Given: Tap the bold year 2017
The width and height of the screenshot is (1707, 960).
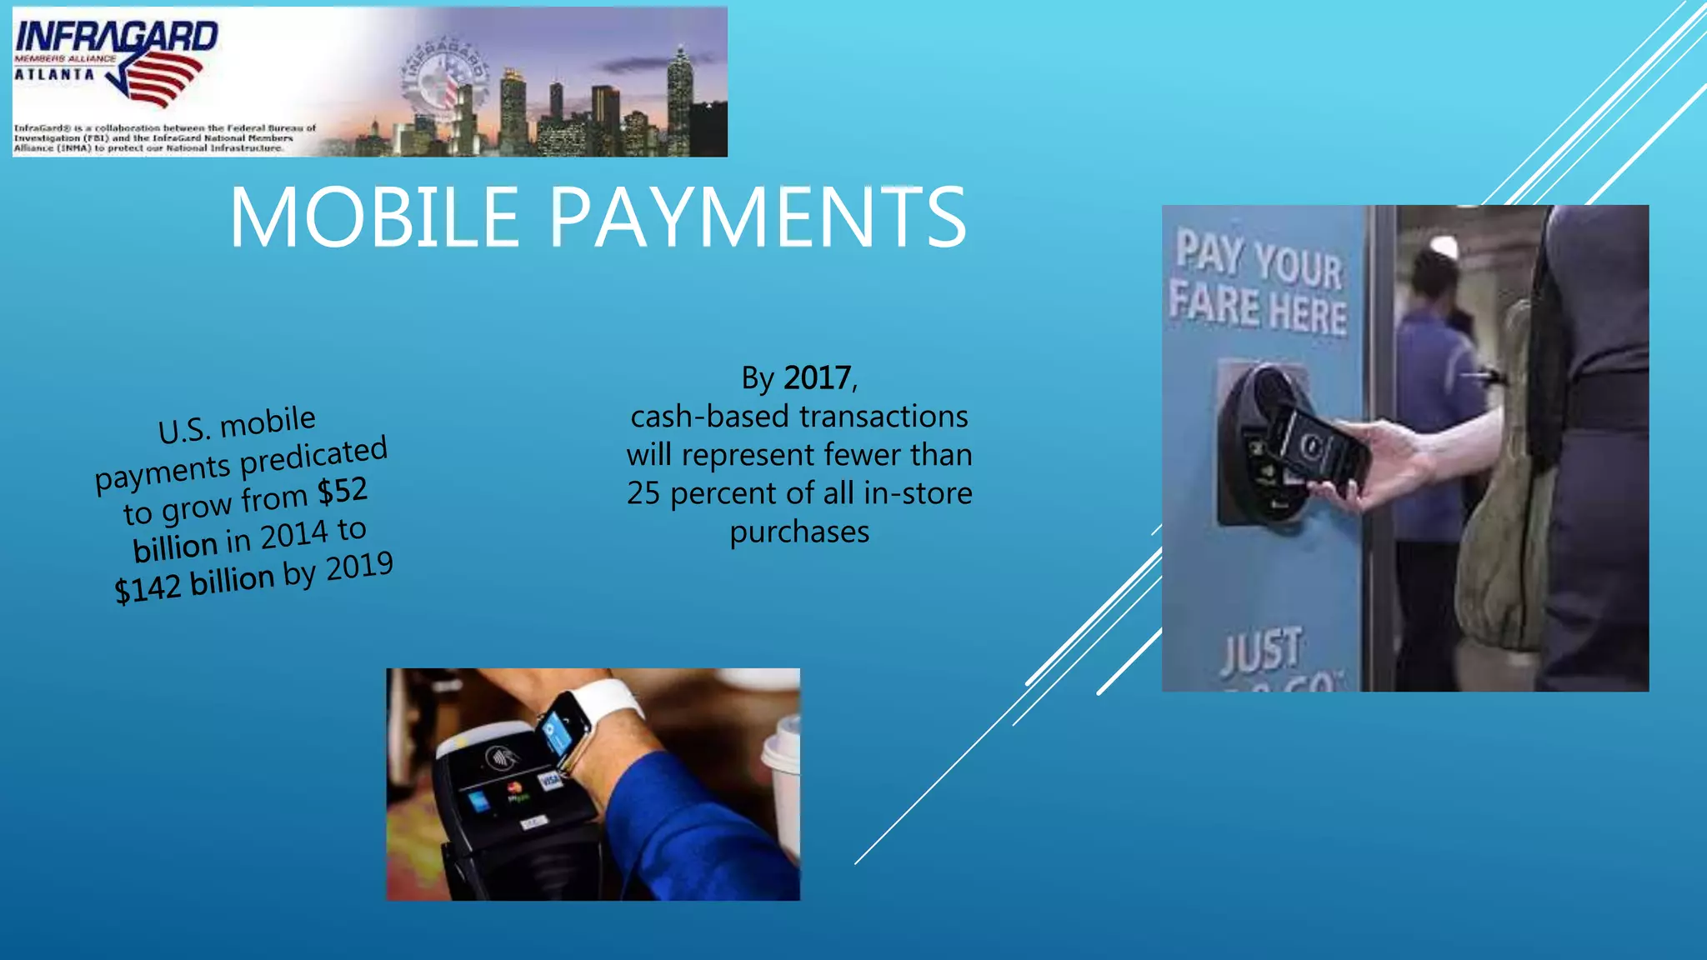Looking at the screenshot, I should tap(817, 378).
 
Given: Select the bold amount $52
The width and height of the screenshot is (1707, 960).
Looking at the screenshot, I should tap(343, 492).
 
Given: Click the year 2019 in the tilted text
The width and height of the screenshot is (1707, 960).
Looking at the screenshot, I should tap(359, 567).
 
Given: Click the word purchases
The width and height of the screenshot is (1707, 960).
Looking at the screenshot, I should tap(799, 532).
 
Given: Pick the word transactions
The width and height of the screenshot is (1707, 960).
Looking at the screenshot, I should tap(884, 416).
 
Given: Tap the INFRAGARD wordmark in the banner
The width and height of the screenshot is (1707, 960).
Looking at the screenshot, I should tap(117, 37).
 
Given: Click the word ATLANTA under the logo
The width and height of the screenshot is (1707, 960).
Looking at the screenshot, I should tap(55, 74).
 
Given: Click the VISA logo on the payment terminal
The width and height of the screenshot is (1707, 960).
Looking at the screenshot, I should tap(550, 780).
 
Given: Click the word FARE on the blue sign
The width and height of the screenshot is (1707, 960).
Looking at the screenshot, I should tap(1214, 304).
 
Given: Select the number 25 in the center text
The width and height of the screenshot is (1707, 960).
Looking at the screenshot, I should tap(643, 493).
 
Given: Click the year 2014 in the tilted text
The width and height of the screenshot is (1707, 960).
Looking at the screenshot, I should tap(293, 536).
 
